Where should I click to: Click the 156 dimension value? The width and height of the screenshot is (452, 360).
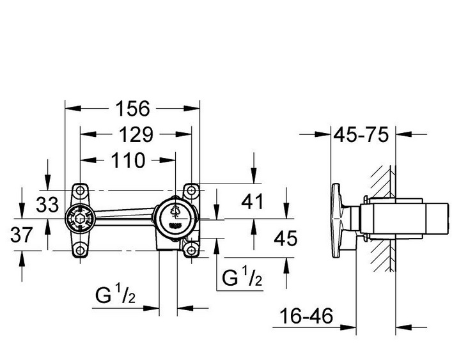click(x=133, y=109)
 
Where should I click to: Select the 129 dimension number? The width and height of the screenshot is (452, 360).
click(x=136, y=134)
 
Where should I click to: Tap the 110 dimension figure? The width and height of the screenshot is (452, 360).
click(x=128, y=160)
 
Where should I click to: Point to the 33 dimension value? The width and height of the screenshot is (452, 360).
click(x=47, y=205)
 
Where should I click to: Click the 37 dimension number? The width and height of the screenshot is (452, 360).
click(x=22, y=234)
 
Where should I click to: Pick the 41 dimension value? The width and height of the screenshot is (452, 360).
click(x=253, y=201)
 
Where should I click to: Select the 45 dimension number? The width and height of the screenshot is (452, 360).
click(x=285, y=239)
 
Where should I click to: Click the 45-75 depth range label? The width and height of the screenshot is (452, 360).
click(x=361, y=134)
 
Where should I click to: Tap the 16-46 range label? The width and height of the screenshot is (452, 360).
click(x=306, y=316)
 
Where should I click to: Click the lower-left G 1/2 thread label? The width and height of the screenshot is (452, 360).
click(x=115, y=293)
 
